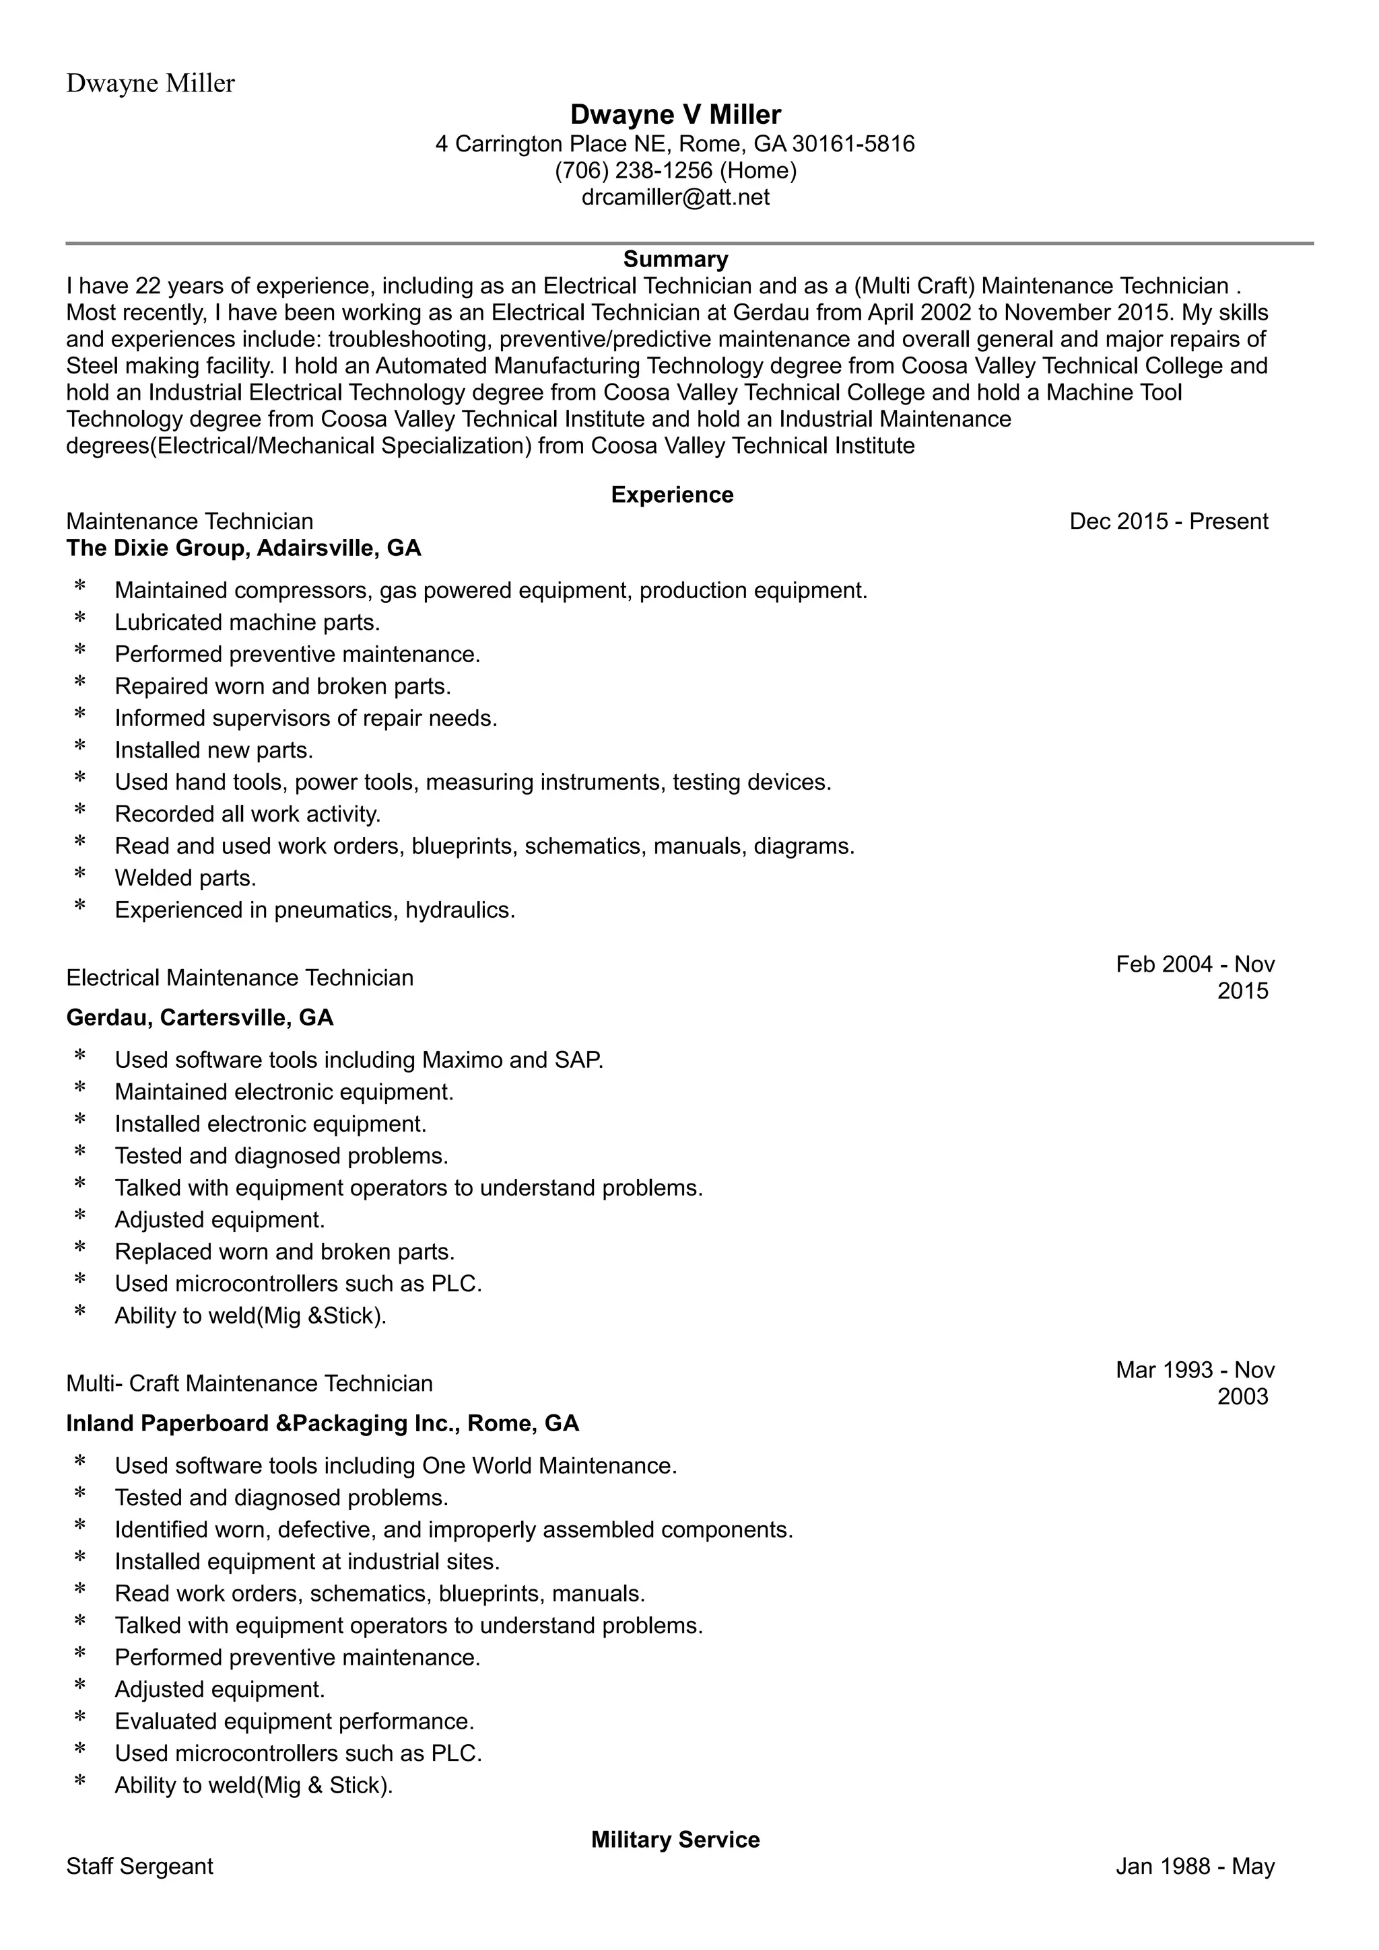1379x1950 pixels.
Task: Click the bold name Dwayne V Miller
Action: [x=675, y=114]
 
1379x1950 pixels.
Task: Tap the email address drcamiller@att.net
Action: [x=675, y=197]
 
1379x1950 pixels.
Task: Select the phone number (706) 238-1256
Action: [x=633, y=171]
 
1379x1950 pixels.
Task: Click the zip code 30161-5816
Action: [x=853, y=143]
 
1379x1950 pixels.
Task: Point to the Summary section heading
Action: [x=675, y=259]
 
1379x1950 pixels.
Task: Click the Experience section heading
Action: [x=672, y=495]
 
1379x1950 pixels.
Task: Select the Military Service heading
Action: [x=675, y=1840]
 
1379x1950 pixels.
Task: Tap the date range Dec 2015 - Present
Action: [x=1168, y=521]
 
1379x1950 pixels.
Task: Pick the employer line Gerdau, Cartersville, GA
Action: [x=200, y=1017]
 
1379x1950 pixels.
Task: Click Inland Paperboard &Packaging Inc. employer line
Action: [x=323, y=1423]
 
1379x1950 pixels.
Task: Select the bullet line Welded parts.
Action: [x=185, y=877]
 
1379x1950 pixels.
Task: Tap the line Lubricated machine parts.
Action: [x=247, y=622]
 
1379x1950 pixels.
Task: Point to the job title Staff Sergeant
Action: [x=140, y=1867]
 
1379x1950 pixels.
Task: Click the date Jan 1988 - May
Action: [x=1195, y=1867]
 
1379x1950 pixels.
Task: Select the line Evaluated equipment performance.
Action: [x=294, y=1721]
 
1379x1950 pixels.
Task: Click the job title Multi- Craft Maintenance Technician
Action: [x=250, y=1383]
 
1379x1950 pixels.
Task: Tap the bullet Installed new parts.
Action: [x=214, y=750]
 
